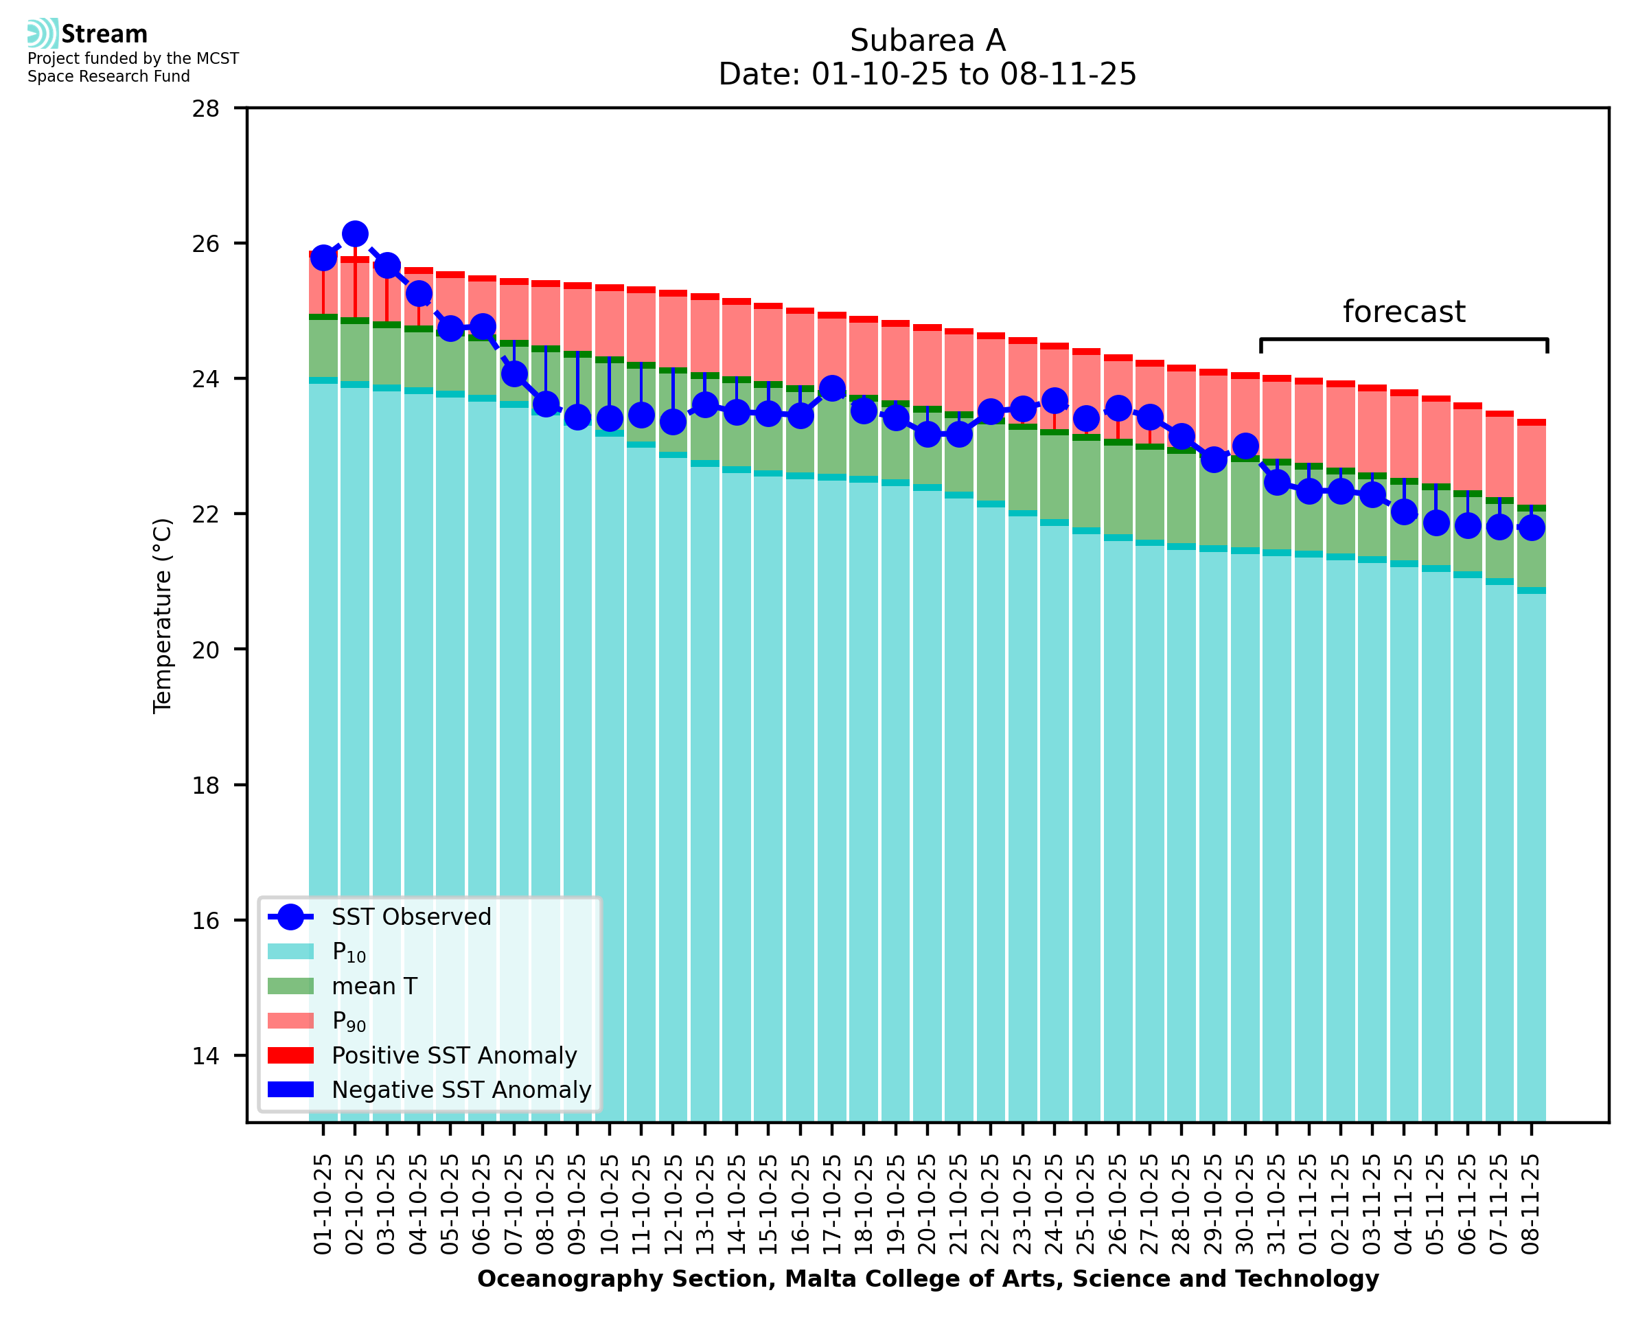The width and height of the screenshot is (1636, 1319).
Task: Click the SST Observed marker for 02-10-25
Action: [x=355, y=234]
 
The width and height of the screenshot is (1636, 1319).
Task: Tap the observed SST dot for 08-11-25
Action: [x=1530, y=527]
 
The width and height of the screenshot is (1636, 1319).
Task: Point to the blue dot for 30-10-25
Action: [x=1245, y=446]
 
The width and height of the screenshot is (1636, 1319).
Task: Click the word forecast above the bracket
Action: [x=1403, y=312]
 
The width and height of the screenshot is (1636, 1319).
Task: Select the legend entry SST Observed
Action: [x=411, y=917]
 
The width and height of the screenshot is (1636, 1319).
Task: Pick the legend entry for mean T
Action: [x=374, y=986]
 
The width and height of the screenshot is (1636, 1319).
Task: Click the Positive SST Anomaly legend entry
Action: [x=454, y=1055]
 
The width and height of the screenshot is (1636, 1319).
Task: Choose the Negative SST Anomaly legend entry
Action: [x=461, y=1090]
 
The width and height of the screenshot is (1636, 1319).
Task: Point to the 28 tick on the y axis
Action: [x=206, y=108]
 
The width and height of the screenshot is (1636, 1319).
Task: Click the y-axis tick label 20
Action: [x=206, y=650]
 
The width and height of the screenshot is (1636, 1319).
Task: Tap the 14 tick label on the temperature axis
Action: [x=206, y=1056]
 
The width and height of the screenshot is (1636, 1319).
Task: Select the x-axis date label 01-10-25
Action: [x=323, y=1204]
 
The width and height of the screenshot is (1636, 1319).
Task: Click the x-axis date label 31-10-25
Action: [x=1277, y=1204]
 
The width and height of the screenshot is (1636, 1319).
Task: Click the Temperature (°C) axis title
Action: [x=163, y=615]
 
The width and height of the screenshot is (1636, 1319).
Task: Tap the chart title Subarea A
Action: [x=928, y=41]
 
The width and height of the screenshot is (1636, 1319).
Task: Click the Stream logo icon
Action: [x=43, y=34]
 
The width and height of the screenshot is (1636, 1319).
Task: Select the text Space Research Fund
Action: [x=108, y=77]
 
